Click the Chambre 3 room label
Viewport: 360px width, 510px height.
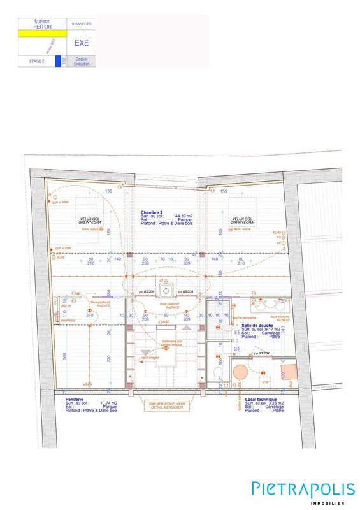152,212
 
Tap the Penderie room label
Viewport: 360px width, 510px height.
75,399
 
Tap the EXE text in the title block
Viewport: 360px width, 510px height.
82,43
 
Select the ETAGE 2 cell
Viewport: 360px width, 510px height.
37,61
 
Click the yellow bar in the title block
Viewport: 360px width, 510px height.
41,33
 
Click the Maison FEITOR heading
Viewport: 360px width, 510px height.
42,24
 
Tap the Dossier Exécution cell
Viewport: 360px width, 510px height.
82,61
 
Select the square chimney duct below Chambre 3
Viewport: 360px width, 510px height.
166,291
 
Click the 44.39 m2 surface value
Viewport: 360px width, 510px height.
184,216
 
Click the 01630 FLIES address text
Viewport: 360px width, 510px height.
82,24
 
